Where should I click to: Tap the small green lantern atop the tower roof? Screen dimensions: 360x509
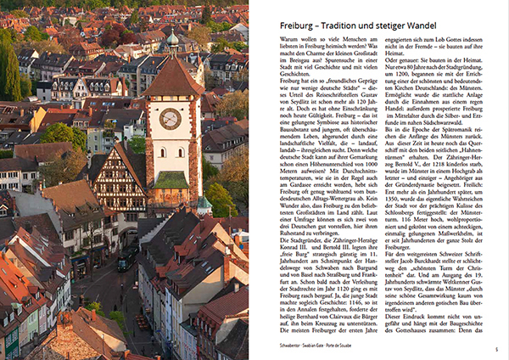click(x=172, y=38)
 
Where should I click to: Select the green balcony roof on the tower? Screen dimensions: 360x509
click(x=172, y=181)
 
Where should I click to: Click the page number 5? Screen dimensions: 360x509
click(x=496, y=350)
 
